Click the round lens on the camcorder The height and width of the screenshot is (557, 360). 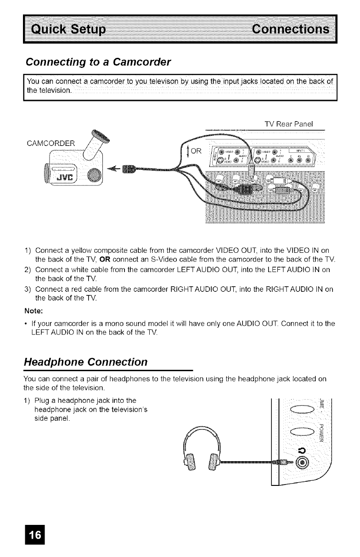point(94,176)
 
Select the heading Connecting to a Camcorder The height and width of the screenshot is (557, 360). point(98,61)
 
